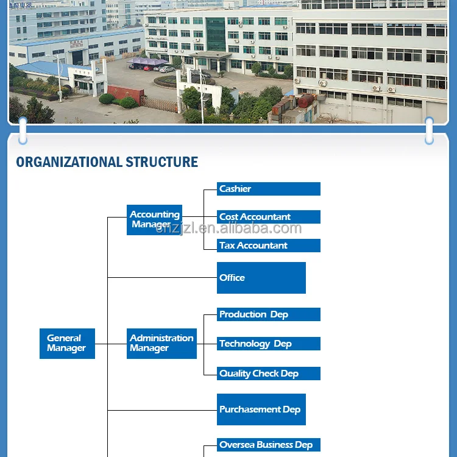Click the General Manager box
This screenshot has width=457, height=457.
click(67, 344)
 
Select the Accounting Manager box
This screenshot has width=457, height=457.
click(154, 220)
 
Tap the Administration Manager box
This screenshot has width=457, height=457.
click(161, 344)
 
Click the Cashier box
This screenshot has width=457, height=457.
click(268, 189)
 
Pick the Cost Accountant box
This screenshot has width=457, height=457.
click(268, 217)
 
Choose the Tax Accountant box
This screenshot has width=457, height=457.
click(268, 246)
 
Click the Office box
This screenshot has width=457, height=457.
click(261, 278)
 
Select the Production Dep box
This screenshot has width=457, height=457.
click(268, 314)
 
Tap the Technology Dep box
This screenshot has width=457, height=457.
click(268, 344)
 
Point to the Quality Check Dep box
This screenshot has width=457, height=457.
click(268, 374)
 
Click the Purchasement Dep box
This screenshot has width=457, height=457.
click(261, 409)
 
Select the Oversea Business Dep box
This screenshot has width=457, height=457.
click(268, 445)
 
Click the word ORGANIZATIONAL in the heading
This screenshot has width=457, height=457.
click(69, 162)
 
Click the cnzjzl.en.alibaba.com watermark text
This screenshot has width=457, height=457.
click(228, 229)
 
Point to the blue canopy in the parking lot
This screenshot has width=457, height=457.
click(147, 62)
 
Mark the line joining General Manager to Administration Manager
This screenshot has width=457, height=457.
click(111, 344)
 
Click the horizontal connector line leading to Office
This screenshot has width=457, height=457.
click(162, 278)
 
